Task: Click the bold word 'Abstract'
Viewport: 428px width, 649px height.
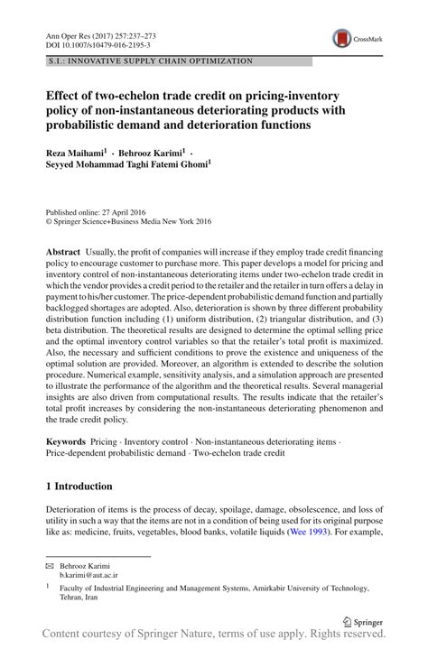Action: point(63,248)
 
